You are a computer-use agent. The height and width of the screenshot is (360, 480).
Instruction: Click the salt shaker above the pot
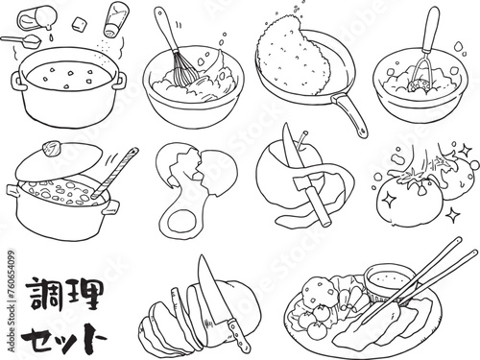115,19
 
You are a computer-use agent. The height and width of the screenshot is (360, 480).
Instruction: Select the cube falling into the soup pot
78,24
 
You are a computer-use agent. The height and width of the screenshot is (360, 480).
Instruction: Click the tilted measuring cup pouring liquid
35,18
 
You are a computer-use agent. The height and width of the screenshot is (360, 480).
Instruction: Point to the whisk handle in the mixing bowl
165,30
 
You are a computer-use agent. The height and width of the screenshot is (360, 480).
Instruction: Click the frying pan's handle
349,114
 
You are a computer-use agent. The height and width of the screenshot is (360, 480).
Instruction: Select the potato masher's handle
429,29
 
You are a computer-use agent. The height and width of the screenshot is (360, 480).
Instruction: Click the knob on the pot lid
52,149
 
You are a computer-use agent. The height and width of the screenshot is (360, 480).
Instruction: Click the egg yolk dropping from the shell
180,222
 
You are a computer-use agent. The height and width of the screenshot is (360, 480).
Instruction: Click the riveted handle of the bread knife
237,334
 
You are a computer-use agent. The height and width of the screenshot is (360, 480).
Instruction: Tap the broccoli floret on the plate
320,291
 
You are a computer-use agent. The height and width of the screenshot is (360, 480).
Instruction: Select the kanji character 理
84,292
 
